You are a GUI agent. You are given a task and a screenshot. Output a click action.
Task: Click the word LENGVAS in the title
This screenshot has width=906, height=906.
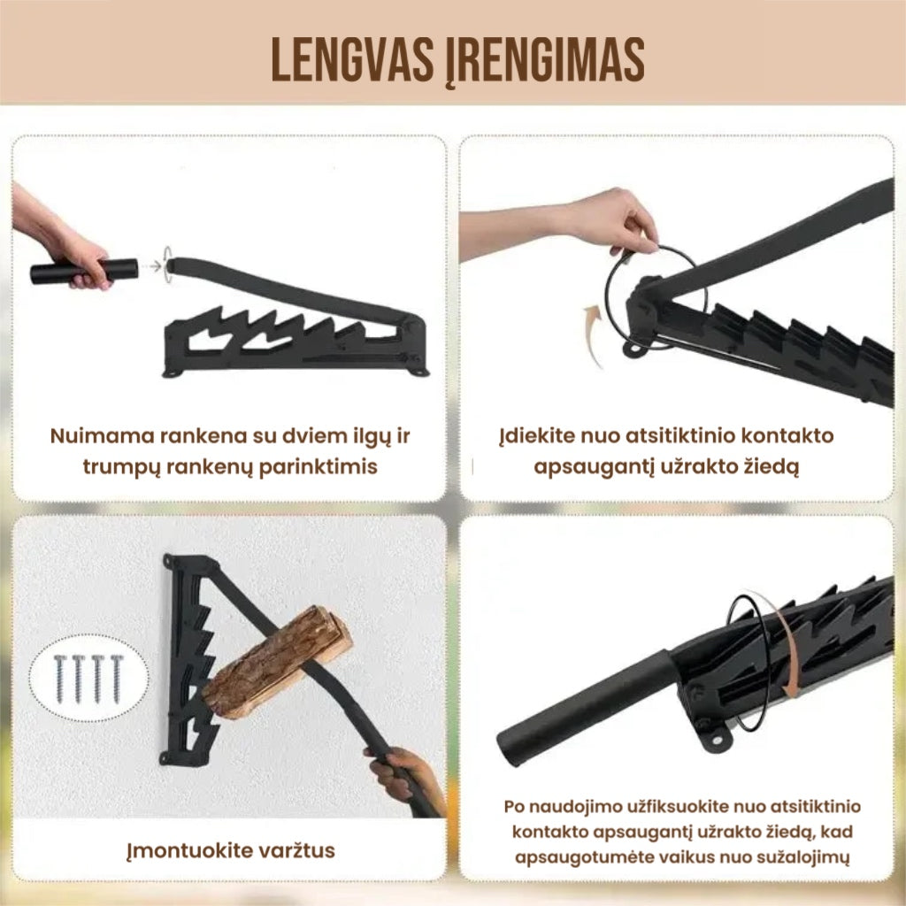click(x=352, y=60)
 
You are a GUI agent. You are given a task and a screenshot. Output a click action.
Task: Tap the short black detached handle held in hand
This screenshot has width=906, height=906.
click(x=84, y=272)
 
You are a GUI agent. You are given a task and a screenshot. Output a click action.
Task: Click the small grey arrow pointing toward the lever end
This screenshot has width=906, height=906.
click(x=154, y=265)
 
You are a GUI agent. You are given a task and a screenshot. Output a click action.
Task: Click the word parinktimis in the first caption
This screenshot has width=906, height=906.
click(x=318, y=467)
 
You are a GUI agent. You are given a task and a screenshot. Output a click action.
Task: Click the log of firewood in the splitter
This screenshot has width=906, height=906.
click(x=277, y=662)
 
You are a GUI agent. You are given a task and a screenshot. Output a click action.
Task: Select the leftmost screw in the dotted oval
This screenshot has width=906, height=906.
click(x=59, y=678)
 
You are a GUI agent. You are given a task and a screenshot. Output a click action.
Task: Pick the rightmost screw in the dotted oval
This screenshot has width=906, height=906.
click(x=117, y=678)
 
